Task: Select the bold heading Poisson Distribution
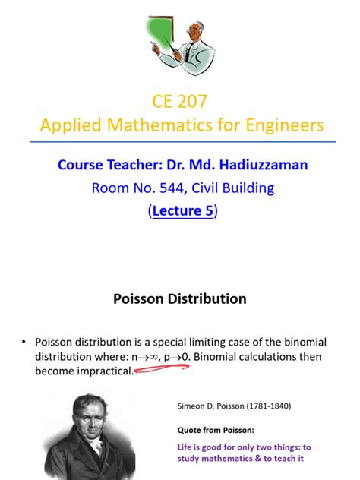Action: pyautogui.click(x=180, y=298)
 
